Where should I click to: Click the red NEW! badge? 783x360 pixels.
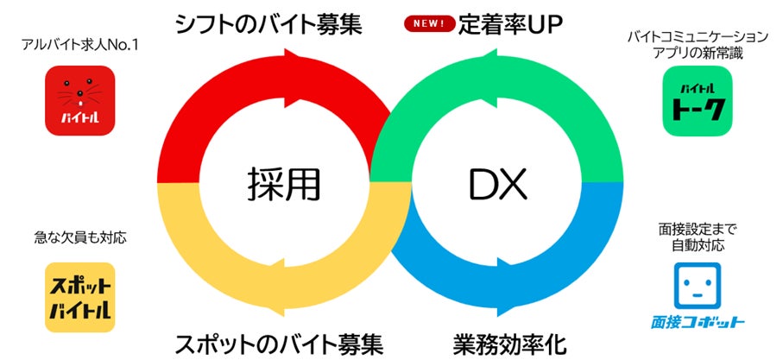pos(429,23)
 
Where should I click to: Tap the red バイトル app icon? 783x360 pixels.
pos(80,101)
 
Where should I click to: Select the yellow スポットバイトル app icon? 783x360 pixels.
pos(80,297)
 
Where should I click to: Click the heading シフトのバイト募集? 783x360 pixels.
pos(268,23)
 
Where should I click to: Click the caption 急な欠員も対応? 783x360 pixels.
pos(80,237)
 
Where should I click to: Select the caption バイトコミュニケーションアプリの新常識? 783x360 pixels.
pos(698,45)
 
